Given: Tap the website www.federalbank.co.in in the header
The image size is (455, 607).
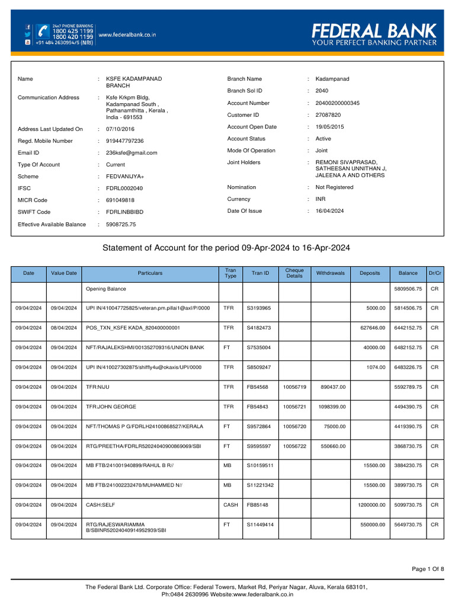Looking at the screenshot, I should click(127, 35).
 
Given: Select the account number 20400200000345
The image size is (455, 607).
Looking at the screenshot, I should click(337, 103).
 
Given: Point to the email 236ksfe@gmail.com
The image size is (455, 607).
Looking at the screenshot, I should click(131, 153).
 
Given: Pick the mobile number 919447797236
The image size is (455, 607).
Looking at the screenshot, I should click(124, 141).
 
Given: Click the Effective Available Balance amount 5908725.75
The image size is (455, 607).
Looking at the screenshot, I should click(120, 225).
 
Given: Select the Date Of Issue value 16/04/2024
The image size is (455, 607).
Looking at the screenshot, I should click(329, 210).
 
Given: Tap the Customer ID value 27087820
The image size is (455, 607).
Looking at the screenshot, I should click(328, 115).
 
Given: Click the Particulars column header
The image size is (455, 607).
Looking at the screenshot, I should click(150, 273).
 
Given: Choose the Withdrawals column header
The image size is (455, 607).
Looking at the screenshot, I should click(331, 273).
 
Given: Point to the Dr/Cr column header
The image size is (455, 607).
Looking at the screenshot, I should click(434, 273).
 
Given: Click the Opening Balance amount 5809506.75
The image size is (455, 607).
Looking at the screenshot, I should click(408, 289).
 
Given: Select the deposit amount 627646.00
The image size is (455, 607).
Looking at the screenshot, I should click(372, 327).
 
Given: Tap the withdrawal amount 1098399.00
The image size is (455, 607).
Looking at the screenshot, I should click(332, 407).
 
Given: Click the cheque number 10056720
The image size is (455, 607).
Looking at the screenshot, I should click(294, 426).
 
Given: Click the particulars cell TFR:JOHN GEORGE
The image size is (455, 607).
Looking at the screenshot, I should click(111, 407).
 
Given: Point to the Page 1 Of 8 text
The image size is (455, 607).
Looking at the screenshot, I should click(428, 569).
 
